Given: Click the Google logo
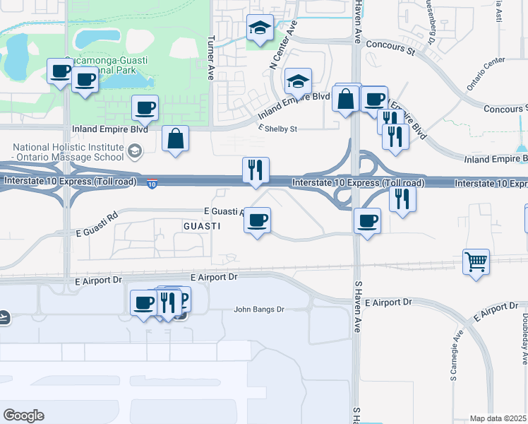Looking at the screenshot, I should [x=23, y=416].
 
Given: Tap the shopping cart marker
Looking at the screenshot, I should [x=476, y=262].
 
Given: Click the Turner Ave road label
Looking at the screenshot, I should [x=211, y=57].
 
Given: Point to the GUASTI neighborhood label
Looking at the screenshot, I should [x=202, y=226].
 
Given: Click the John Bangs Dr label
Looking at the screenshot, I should [x=258, y=310].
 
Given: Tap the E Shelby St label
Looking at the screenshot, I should [x=279, y=129].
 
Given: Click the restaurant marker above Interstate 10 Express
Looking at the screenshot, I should [x=256, y=170].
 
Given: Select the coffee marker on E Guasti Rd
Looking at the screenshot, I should [x=257, y=220].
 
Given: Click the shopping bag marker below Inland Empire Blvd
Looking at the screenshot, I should [x=175, y=139].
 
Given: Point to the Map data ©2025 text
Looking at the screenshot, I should [x=498, y=418].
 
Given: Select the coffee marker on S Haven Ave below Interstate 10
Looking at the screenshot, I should [x=367, y=221].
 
